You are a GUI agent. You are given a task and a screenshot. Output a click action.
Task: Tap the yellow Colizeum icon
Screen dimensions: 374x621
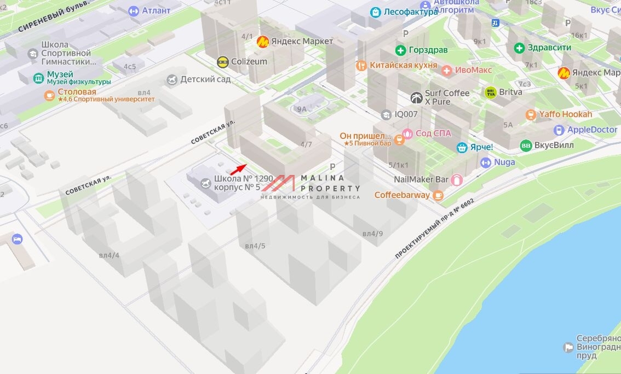222,62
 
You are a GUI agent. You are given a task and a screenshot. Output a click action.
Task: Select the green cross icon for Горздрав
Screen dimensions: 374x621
400,50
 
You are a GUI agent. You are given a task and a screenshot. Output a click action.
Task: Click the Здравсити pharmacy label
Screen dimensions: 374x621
549,48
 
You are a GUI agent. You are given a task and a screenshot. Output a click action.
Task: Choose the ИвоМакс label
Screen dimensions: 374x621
474,70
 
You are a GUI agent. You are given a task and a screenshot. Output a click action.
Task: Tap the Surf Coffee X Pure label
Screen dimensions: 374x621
447,97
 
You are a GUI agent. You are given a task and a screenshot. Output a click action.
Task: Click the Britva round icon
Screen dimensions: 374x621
490,92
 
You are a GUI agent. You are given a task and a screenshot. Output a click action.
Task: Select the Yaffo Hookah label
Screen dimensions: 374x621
566,114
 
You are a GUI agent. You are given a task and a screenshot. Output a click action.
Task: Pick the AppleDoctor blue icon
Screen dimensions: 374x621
559,130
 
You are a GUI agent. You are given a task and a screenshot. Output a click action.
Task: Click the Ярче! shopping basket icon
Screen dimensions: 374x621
462,148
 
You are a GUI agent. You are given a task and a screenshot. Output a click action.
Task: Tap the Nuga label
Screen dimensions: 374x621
504,162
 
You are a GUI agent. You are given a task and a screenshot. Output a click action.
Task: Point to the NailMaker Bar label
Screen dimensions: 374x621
421,179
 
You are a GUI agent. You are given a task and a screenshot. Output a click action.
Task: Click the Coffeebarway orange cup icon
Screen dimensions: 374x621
438,195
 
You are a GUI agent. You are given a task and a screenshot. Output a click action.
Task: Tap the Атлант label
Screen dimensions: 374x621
156,10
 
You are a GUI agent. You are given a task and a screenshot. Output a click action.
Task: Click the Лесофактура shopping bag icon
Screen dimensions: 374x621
375,12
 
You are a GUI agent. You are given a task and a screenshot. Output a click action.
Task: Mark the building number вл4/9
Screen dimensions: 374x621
372,234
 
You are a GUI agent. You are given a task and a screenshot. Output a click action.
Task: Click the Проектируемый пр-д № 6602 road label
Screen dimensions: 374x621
434,229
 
